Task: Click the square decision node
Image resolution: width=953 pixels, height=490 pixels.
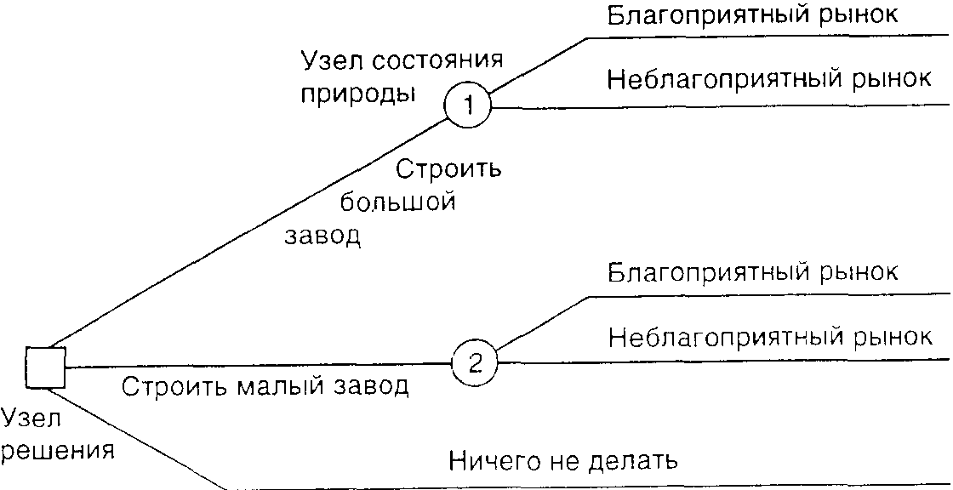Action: pos(45,367)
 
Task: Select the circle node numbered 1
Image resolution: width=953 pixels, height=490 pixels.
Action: pos(467,107)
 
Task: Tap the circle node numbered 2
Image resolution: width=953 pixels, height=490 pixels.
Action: pos(475,363)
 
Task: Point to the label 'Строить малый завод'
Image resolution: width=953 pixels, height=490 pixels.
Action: pos(265,386)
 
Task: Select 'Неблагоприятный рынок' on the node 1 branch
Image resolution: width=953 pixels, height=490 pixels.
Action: pos(769,81)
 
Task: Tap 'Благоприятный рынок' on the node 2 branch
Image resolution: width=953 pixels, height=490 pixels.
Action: pos(753,273)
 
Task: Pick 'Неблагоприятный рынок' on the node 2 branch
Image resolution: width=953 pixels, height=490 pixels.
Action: pos(770,337)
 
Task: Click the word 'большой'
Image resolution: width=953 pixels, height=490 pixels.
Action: pos(397,202)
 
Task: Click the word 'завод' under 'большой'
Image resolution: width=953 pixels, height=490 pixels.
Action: pos(322,235)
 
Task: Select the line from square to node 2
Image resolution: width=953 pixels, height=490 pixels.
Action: pos(255,366)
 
